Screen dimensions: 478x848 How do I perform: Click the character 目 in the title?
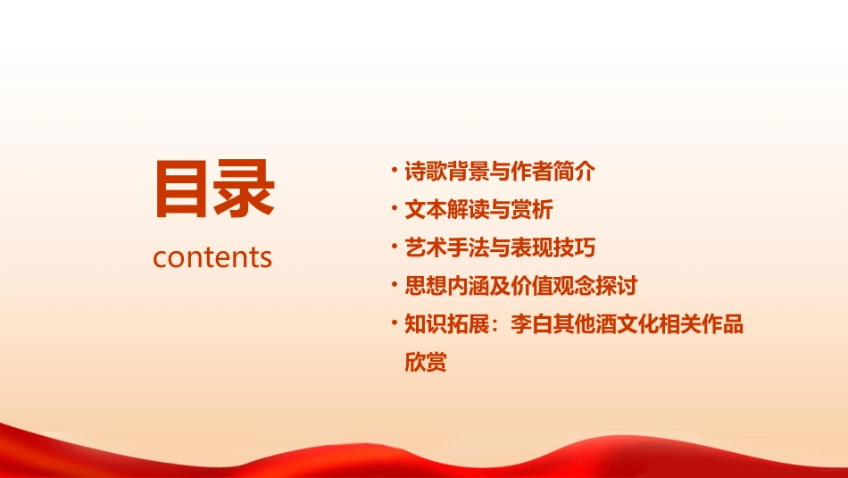click(182, 189)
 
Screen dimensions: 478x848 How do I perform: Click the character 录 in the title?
click(244, 189)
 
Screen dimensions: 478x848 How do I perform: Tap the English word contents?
click(212, 257)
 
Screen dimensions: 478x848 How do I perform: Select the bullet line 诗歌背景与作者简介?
click(500, 172)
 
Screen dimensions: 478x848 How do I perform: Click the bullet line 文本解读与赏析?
click(479, 210)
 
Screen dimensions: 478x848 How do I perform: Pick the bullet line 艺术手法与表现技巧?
click(500, 247)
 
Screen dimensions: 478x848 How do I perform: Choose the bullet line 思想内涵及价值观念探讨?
click(521, 286)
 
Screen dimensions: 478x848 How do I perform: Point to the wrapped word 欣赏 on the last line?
click(426, 363)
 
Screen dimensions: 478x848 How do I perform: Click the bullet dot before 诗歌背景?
click(395, 171)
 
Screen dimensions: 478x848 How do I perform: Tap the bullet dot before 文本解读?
click(395, 209)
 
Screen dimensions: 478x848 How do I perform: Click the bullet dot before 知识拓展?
click(395, 323)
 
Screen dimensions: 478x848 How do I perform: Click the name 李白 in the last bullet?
click(532, 324)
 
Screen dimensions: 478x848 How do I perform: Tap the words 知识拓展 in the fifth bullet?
click(446, 324)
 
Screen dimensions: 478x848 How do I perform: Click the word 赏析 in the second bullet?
click(533, 210)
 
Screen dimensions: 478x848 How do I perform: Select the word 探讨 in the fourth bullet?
click(617, 286)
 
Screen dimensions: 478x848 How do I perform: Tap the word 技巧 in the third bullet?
click(574, 247)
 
